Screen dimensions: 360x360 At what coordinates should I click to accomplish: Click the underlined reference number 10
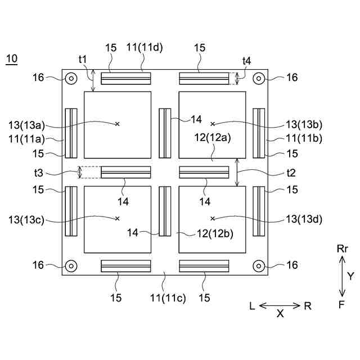12,58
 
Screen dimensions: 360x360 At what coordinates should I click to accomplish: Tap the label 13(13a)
26,125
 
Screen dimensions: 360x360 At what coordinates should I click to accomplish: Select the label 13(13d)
304,219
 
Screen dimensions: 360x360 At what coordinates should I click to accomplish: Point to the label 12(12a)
213,138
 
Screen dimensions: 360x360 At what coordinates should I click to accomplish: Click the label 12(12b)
215,234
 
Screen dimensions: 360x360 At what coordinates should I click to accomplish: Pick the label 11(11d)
145,47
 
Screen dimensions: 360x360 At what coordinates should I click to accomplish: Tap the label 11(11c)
168,298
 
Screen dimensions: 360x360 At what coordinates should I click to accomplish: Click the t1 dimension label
83,59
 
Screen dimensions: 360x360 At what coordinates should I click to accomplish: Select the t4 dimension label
246,61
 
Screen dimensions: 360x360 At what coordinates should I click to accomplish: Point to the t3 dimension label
39,173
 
